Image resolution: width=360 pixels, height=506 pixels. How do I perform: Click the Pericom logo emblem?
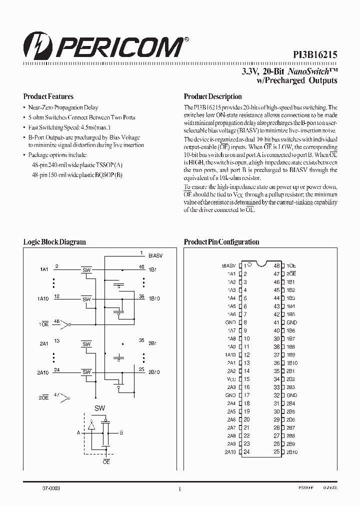pos(35,48)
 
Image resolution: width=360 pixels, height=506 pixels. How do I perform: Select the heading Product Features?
pos(48,96)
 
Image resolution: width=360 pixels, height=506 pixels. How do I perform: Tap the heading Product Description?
pos(212,96)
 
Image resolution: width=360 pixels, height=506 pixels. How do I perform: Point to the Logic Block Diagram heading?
pos(54,241)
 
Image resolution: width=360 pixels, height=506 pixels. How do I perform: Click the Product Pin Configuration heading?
pos(221,241)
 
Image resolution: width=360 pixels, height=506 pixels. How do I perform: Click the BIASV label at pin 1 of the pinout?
pos(228,265)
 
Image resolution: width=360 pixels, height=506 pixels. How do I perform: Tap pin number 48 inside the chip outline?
pos(276,265)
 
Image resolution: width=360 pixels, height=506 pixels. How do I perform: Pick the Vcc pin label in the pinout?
pos(230,379)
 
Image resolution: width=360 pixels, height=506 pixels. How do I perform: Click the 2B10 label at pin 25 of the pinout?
pos(292,452)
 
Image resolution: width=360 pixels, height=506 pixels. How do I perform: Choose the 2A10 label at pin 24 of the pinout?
pos(230,452)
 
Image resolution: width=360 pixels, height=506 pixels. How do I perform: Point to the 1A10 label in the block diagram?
pos(43,299)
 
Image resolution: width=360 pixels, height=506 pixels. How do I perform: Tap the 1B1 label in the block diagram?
pos(153,270)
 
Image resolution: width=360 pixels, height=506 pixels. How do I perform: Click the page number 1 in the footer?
pos(179,489)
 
